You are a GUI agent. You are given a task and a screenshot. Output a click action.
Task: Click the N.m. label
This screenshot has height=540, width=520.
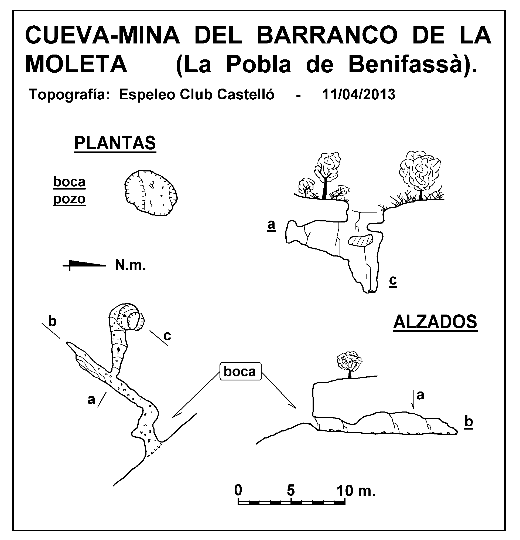click(130, 265)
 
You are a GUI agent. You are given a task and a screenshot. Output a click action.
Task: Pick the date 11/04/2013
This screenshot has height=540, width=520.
click(358, 94)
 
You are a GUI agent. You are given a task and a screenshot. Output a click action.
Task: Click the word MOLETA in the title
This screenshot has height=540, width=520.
click(76, 64)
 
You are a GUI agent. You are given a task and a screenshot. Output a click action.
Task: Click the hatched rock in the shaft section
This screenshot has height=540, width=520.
click(361, 241)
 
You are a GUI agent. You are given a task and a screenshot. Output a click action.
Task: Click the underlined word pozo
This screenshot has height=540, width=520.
click(69, 199)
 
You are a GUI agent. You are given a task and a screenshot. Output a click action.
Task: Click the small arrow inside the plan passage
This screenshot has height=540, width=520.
click(118, 350)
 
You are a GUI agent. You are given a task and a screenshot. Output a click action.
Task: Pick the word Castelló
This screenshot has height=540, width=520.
click(245, 94)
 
